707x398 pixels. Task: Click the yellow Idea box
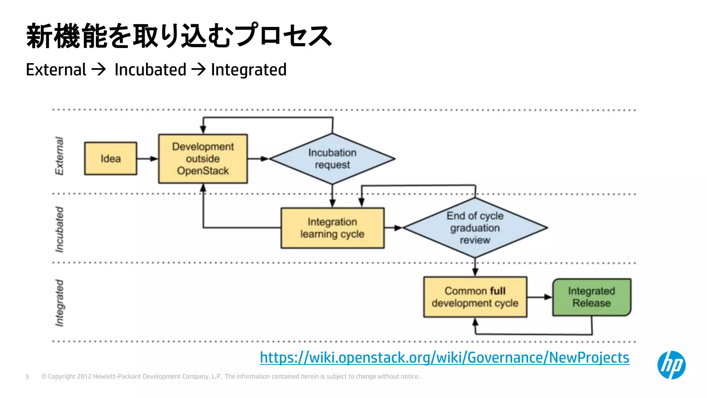[110, 159]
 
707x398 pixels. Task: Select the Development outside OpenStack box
[203, 159]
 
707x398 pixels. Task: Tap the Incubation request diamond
[332, 159]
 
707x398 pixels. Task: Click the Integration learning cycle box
[332, 228]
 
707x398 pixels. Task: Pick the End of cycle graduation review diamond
[475, 228]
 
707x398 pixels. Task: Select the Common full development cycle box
[475, 297]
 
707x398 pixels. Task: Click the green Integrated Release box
[591, 297]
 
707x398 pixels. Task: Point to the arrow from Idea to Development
[147, 159]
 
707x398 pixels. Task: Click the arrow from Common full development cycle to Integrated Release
[540, 297]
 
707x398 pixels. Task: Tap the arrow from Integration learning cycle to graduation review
[393, 228]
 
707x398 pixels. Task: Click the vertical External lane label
[59, 156]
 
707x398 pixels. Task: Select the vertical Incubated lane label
[59, 229]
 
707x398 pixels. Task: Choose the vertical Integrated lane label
[59, 303]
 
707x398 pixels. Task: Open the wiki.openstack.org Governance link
[444, 357]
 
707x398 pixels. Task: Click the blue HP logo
[671, 365]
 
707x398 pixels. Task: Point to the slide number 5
[27, 377]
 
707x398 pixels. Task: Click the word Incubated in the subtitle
[150, 70]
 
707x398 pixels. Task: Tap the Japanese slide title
[179, 36]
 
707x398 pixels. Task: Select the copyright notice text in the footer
[230, 377]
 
